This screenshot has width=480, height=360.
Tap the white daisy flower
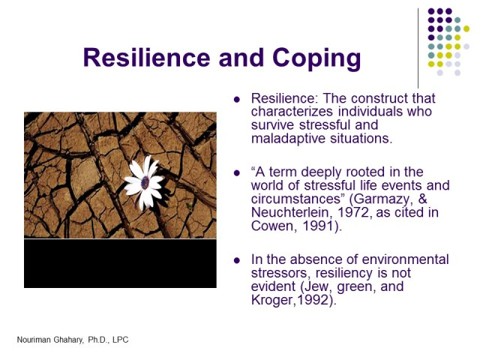144,181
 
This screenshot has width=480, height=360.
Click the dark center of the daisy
144,182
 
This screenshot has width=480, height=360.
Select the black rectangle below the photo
120,263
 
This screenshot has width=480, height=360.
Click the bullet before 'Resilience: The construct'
238,100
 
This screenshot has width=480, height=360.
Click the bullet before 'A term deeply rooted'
238,172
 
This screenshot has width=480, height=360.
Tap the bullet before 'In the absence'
238,260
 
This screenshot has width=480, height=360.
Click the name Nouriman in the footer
34,340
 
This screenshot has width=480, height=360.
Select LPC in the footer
119,340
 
